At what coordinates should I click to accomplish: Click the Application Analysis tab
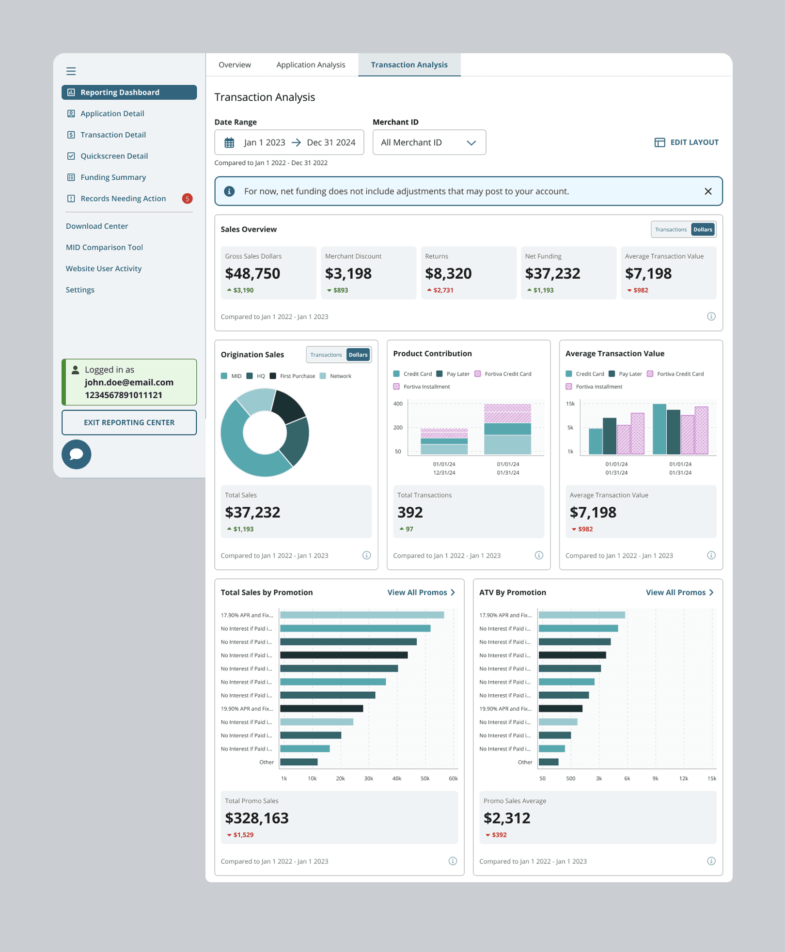tap(311, 65)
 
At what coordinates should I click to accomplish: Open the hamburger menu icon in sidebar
tap(71, 71)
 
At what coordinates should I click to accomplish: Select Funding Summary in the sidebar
tap(113, 177)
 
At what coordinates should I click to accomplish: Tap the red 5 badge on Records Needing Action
tap(187, 199)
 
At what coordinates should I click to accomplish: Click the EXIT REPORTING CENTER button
tap(129, 422)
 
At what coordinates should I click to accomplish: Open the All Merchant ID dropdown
tap(429, 142)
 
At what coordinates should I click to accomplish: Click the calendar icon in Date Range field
tap(229, 142)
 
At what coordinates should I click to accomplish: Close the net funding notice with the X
tap(708, 191)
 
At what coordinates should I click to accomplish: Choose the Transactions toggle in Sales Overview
tap(671, 230)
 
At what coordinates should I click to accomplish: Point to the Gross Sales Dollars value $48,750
tap(252, 274)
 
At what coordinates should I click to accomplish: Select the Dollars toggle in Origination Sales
tap(358, 355)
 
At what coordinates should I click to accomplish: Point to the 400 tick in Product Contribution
tap(398, 404)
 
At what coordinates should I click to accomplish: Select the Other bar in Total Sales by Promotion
tap(299, 762)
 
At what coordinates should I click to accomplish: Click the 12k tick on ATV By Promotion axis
tap(683, 779)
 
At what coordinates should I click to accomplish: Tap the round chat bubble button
tap(77, 454)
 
